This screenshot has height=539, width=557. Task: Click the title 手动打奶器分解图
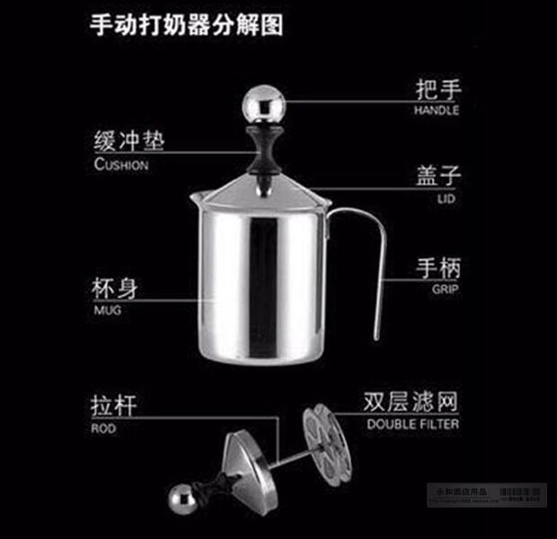pyautogui.click(x=187, y=25)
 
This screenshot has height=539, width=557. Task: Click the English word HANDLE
pyautogui.click(x=436, y=110)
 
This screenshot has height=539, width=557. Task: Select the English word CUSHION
pyautogui.click(x=120, y=165)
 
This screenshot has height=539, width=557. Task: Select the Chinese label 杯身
pyautogui.click(x=116, y=290)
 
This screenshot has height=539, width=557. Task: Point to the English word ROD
pyautogui.click(x=103, y=429)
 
